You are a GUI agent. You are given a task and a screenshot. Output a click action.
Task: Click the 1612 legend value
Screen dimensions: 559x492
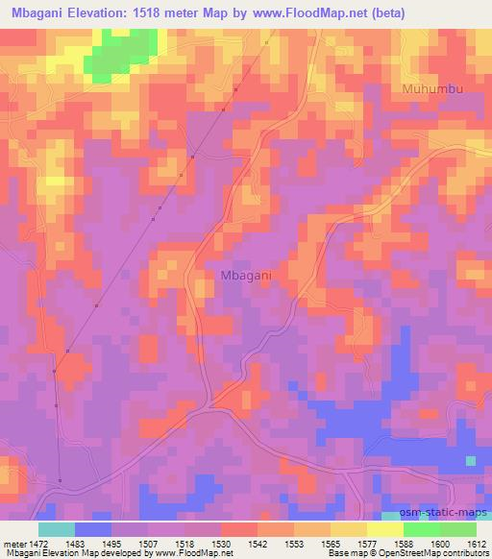coord(475,544)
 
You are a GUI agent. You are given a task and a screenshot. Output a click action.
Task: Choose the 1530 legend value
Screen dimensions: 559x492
coord(221,544)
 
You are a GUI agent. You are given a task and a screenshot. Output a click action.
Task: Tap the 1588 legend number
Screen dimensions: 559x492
coord(403,544)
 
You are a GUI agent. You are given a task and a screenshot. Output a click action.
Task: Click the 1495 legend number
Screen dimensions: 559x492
coord(112,544)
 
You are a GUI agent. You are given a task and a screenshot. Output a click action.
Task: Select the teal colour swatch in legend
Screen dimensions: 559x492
coord(56,529)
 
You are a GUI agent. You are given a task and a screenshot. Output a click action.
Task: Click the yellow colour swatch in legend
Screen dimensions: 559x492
coord(348,529)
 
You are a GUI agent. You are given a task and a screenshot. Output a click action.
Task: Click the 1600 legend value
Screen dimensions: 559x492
coord(439,544)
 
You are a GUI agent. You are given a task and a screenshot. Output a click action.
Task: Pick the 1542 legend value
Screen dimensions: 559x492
coord(258,544)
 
